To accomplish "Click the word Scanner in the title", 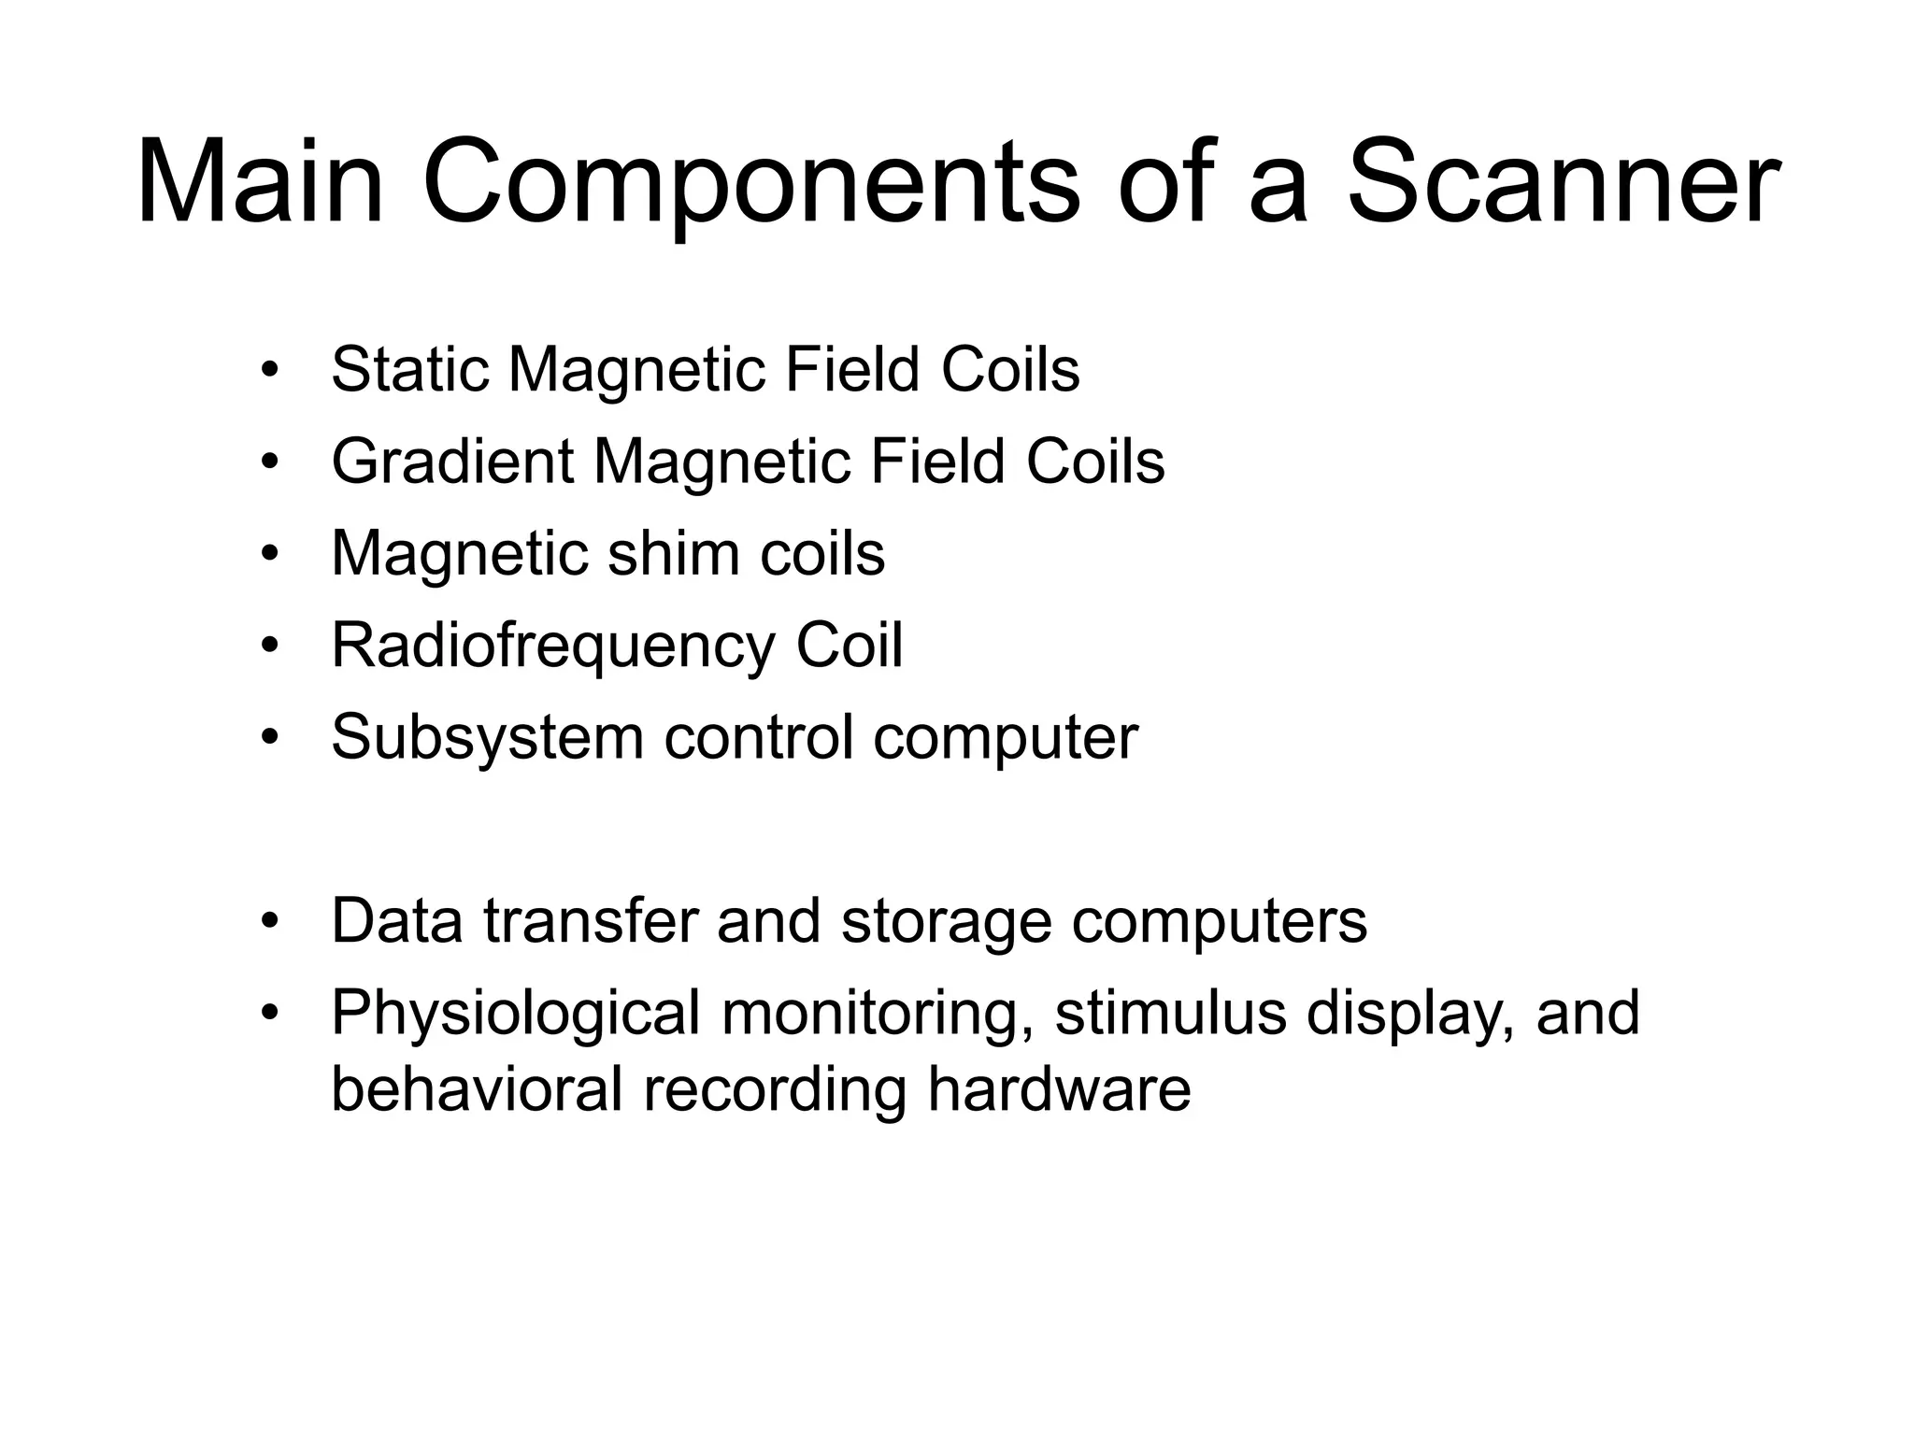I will [1563, 182].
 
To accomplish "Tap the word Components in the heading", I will [750, 182].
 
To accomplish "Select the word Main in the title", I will [261, 182].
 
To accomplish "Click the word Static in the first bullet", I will [409, 370].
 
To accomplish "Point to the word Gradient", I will [452, 462].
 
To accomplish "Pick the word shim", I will [673, 553].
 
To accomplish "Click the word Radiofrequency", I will [552, 646].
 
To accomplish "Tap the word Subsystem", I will [487, 738].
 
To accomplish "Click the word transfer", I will [591, 921].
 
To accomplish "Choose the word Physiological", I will [515, 1015].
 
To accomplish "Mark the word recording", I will [775, 1091].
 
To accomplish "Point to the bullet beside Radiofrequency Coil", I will [270, 646].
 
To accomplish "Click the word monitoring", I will [878, 1015].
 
